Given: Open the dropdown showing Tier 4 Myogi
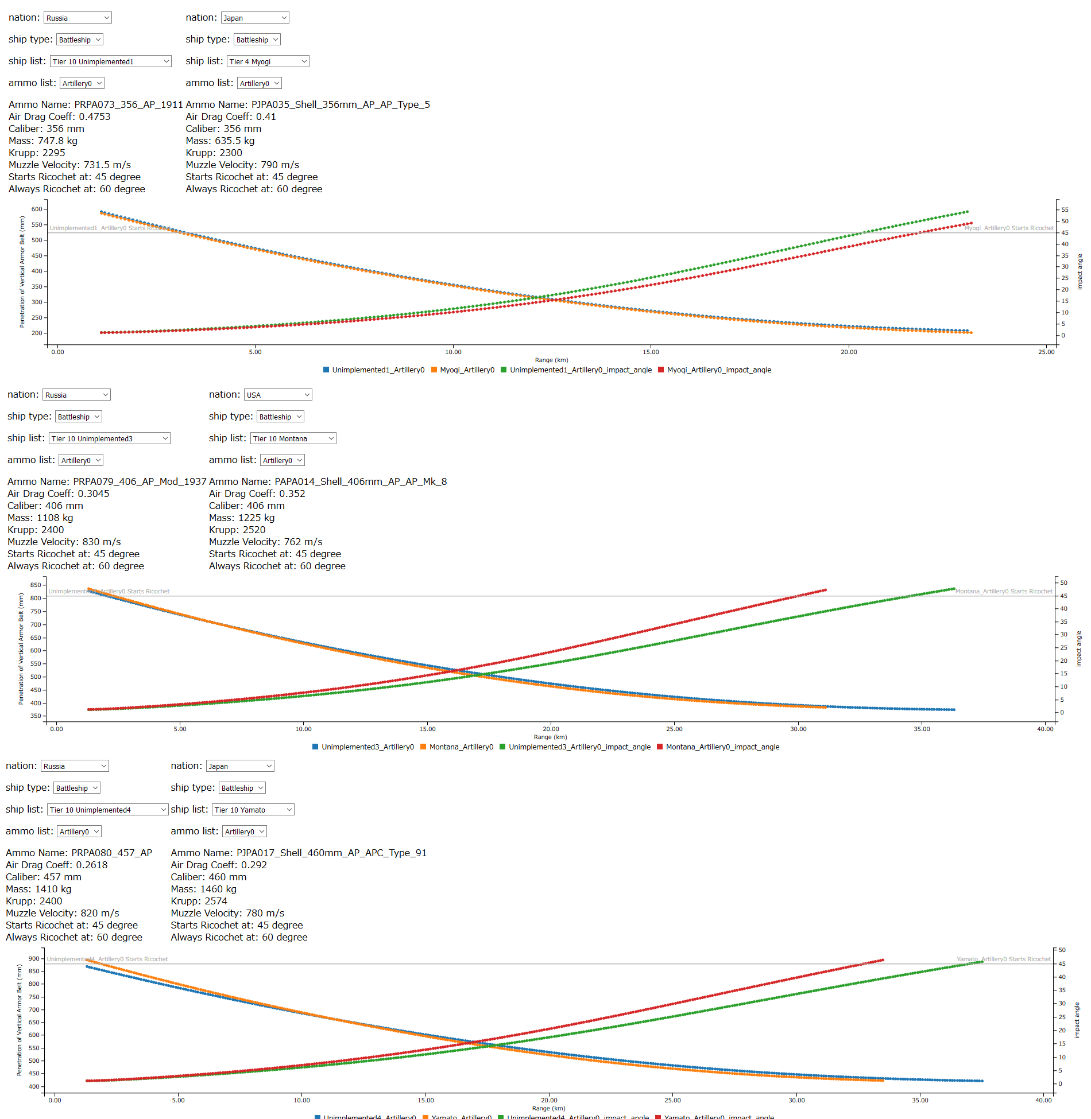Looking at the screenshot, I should (268, 61).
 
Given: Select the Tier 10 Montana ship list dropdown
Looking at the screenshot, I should (293, 438).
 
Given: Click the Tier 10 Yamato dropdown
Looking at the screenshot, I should (253, 810).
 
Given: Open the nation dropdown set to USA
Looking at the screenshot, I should (278, 395).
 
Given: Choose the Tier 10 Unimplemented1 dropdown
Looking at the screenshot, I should (111, 61).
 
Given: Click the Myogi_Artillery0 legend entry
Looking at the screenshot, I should (467, 370).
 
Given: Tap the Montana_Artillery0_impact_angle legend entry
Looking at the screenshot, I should (722, 747).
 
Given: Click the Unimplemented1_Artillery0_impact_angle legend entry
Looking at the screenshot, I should (581, 370).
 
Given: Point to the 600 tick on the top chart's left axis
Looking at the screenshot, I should (37, 209).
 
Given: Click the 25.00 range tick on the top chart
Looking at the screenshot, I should (1046, 352).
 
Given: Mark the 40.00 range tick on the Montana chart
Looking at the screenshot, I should (1045, 729).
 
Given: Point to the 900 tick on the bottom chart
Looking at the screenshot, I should (34, 958).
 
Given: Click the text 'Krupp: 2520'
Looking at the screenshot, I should (237, 530).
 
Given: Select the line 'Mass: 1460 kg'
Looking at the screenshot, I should (203, 889).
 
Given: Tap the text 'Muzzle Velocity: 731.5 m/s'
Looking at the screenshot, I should (69, 165).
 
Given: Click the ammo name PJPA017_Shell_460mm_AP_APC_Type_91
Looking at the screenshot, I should (299, 853).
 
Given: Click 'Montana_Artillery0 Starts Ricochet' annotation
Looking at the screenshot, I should (1004, 591).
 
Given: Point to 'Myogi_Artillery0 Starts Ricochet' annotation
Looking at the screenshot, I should (1009, 228).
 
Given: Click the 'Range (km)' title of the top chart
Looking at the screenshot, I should (551, 360).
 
